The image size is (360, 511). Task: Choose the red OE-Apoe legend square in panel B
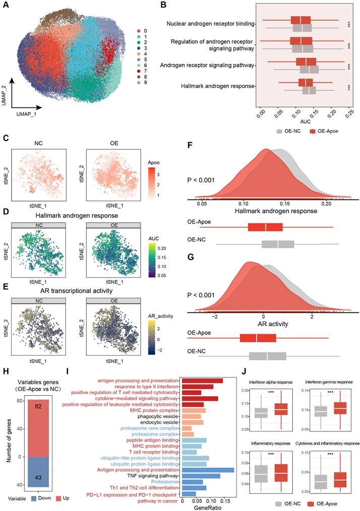(x=314, y=131)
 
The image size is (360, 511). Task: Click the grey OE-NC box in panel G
(x=268, y=356)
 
